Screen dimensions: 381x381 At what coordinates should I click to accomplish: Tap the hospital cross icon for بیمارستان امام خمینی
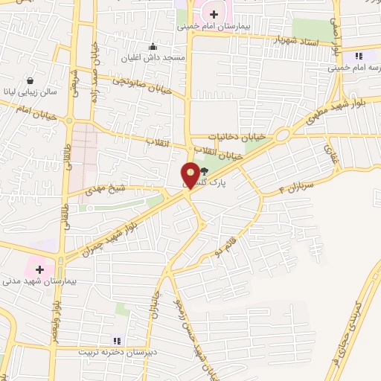point(214,13)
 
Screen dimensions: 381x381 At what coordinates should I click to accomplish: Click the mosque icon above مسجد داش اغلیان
point(153,45)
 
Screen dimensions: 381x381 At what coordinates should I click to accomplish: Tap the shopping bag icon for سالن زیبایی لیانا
point(30,80)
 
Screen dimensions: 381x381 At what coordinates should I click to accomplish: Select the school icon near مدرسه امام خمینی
point(359,56)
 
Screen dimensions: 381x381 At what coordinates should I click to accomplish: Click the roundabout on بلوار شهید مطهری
point(281,135)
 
